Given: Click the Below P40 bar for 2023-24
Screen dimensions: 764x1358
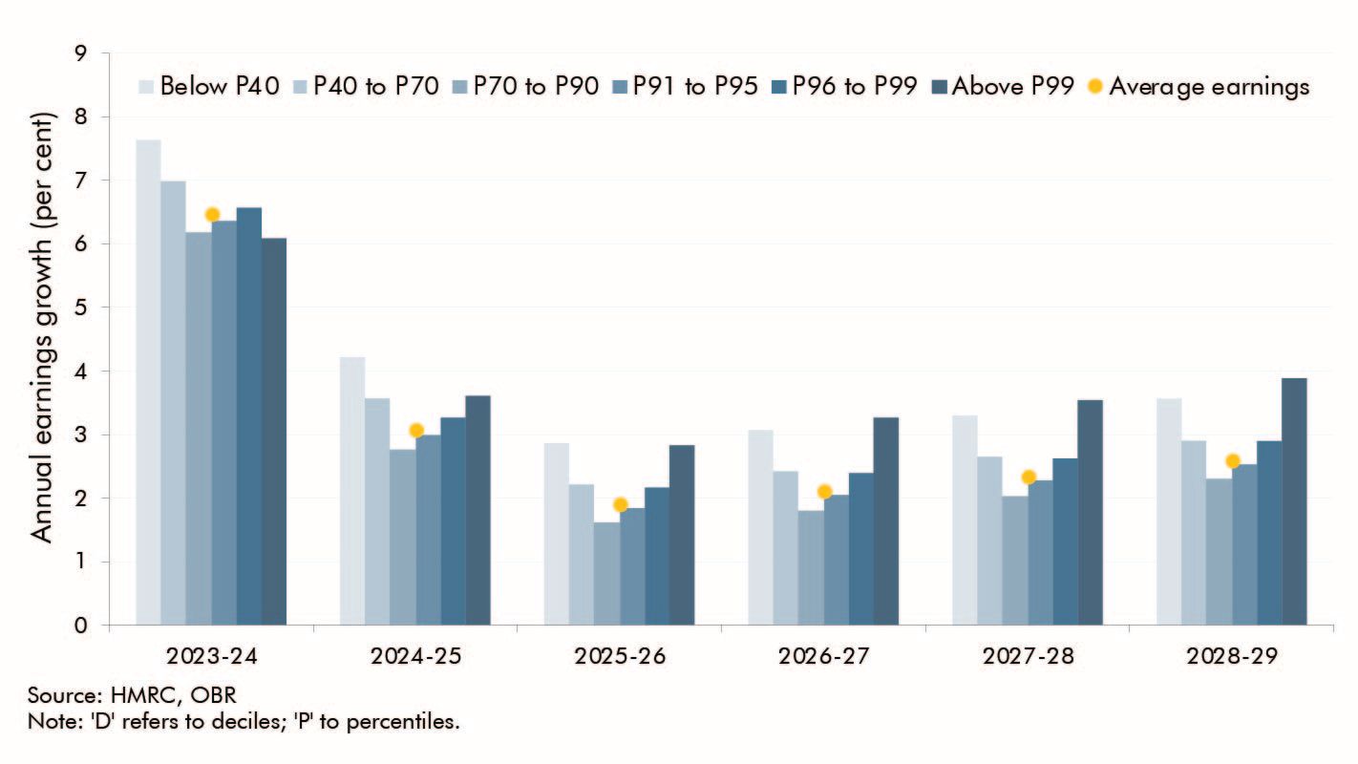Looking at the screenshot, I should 148,382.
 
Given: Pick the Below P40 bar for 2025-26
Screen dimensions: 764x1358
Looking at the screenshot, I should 556,535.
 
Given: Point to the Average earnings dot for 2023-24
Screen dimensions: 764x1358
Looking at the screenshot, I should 212,214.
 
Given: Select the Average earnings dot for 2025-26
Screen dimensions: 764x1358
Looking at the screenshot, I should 620,504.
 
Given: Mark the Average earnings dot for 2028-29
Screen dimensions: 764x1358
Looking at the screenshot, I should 1232,461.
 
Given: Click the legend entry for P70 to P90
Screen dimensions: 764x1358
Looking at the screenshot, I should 527,86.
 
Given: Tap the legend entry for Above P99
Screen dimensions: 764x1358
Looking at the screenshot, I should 1007,86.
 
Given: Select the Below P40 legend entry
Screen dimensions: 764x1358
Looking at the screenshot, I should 209,86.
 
